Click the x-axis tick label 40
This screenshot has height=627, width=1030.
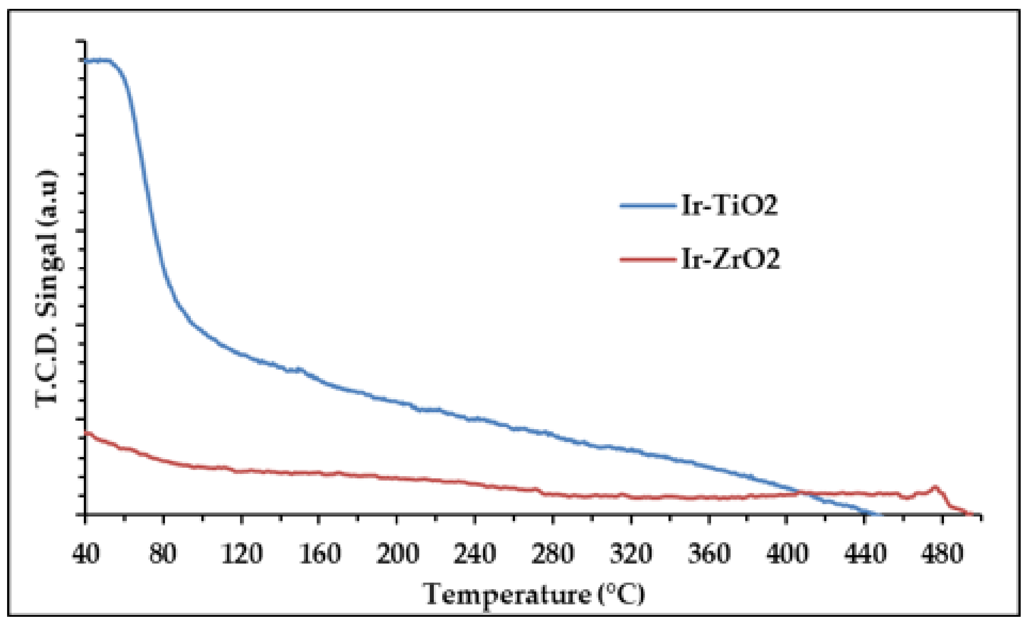86,554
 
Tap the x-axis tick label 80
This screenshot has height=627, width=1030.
163,554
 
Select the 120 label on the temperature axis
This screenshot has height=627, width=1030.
242,554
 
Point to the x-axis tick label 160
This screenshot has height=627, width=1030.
319,554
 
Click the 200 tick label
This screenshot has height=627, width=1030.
397,554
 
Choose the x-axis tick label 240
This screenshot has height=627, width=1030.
475,554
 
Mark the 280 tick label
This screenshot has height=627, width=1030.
553,554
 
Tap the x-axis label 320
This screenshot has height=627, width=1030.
631,554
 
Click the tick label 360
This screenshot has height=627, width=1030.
709,554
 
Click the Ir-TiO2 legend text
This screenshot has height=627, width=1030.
730,205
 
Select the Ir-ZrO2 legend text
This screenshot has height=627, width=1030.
731,259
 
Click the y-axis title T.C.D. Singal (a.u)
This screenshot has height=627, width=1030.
47,288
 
